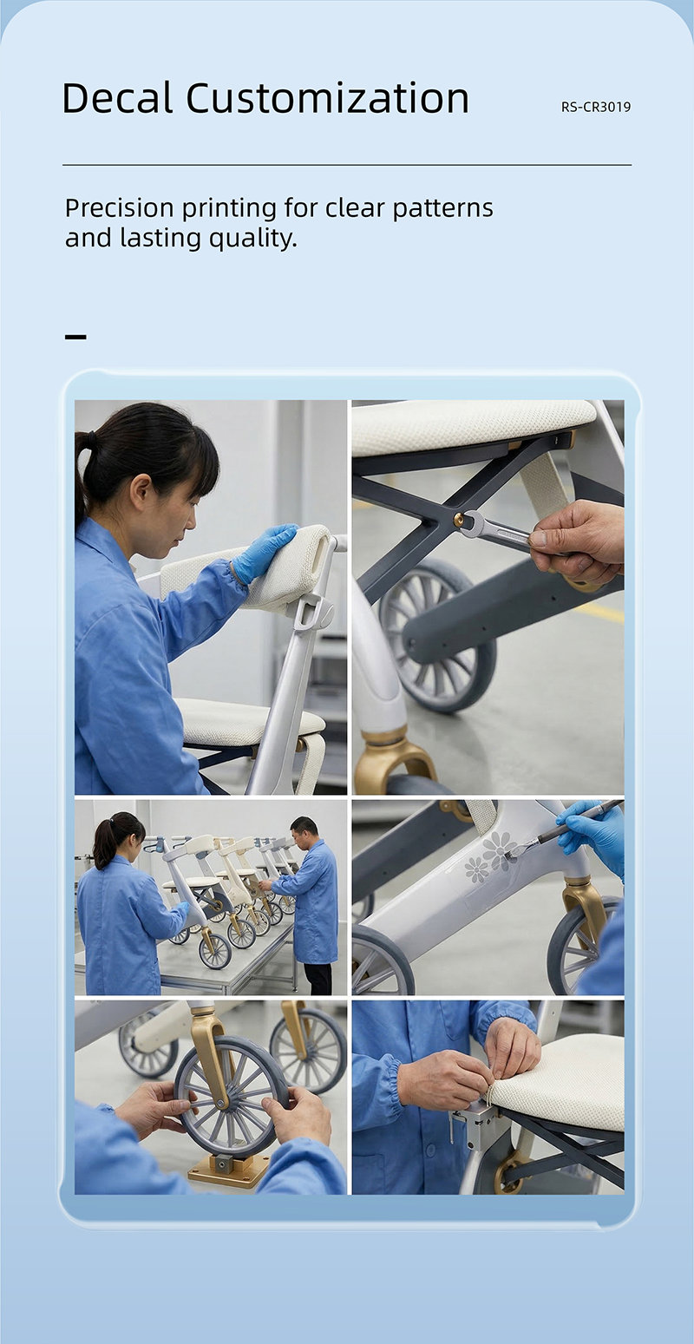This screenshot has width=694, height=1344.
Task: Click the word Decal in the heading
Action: point(117,97)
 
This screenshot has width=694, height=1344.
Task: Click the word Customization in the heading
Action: point(327,97)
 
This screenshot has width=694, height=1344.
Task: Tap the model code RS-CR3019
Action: point(596,107)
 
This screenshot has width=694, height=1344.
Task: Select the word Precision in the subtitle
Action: point(120,207)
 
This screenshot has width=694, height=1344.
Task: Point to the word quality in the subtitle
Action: point(252,239)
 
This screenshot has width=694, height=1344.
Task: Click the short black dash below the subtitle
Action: point(75,338)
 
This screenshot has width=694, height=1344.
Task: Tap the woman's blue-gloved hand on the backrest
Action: point(264,552)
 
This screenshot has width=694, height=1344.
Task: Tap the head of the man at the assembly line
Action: point(304,829)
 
